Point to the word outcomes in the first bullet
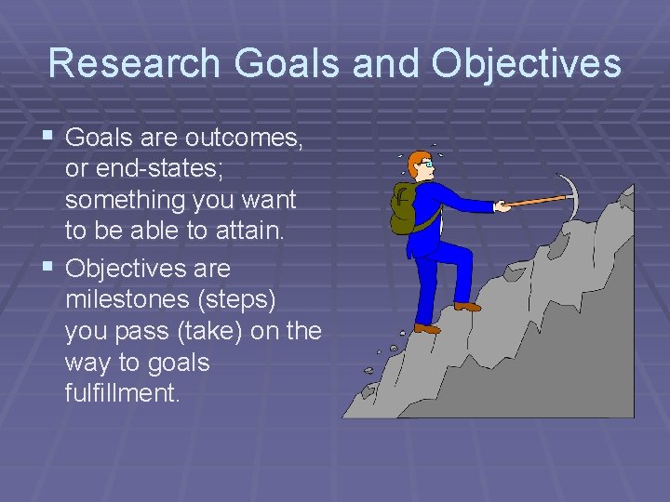pos(243,138)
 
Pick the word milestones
pos(124,300)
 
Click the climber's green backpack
pos(406,208)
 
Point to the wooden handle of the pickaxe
pos(535,200)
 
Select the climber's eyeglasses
pos(426,165)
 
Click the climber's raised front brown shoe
pos(467,306)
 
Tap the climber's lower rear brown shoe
pos(427,328)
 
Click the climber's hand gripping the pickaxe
pos(502,205)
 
